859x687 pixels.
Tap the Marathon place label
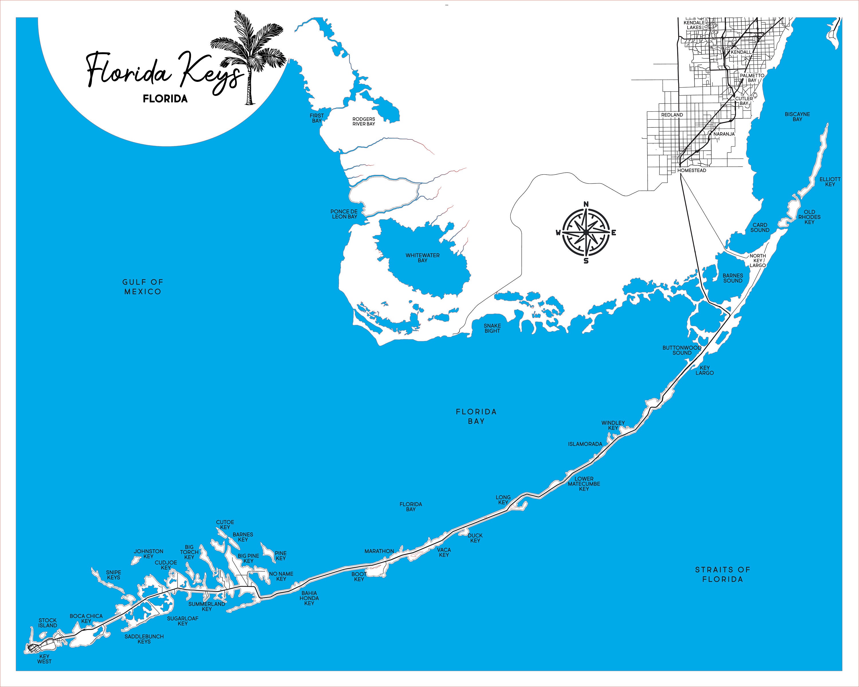click(379, 551)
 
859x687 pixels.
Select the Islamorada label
click(585, 444)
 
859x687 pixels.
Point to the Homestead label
click(692, 170)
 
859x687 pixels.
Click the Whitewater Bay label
click(422, 258)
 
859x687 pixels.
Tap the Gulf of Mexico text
click(143, 287)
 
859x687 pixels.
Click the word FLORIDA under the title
click(165, 99)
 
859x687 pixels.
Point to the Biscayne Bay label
click(797, 117)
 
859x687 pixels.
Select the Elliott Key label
click(830, 181)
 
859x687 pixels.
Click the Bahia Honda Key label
click(309, 598)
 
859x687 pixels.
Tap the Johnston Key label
click(148, 554)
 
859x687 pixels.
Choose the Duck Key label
click(475, 538)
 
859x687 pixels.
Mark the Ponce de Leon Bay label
click(344, 214)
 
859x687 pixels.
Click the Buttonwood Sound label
click(682, 350)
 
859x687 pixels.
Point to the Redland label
click(672, 115)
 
